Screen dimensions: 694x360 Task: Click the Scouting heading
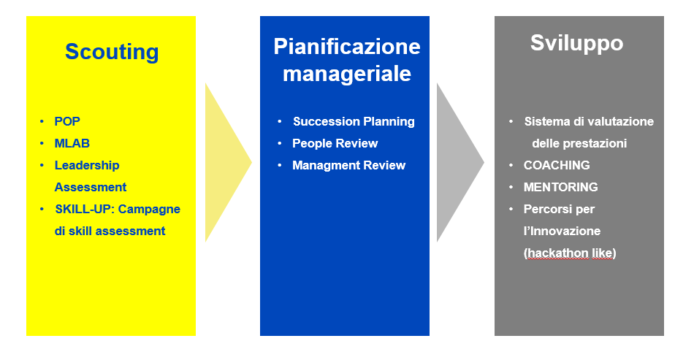[x=112, y=52]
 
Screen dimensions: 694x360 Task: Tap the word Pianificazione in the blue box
[x=347, y=47]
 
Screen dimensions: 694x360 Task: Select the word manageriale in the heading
[x=347, y=74]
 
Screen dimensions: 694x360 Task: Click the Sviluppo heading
[x=576, y=43]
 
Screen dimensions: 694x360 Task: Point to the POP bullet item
[x=67, y=121]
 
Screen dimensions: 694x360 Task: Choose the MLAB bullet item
[x=72, y=143]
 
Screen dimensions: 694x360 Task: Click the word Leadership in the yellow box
[x=87, y=166]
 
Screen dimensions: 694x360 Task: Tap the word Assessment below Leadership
[x=91, y=187]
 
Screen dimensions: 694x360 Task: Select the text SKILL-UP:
[x=85, y=209]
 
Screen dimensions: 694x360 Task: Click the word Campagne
[x=149, y=209]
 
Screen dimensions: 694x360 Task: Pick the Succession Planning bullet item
[x=354, y=122]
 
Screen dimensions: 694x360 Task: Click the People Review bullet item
[x=335, y=143]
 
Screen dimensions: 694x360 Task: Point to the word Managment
[x=319, y=166]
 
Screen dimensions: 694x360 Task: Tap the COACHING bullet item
[x=557, y=165]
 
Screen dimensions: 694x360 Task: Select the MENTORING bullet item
[x=561, y=187]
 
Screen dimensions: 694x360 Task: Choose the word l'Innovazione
[x=562, y=231]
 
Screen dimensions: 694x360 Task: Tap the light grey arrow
[x=460, y=162]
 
